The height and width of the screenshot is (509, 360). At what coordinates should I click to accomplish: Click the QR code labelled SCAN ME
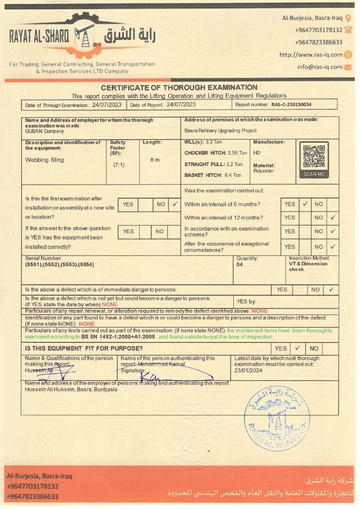[x=314, y=157]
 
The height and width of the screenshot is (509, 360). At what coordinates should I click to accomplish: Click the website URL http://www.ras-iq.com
[x=311, y=55]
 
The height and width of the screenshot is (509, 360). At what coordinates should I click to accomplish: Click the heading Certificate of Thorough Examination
[x=179, y=87]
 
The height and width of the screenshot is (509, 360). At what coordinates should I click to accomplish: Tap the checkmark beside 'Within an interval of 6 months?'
[x=305, y=204]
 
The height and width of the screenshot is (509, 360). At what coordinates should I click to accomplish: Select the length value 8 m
[x=155, y=160]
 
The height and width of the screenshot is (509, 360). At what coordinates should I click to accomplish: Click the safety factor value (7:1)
[x=119, y=165]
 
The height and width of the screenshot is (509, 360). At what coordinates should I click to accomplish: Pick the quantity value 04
[x=240, y=265]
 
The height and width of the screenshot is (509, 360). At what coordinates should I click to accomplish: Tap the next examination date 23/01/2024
[x=249, y=370]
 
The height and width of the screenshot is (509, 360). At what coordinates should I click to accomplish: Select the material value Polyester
[x=264, y=171]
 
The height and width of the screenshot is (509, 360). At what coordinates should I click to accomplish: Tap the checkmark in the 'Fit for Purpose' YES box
[x=297, y=348]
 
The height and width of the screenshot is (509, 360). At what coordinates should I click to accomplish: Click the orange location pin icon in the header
[x=348, y=18]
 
